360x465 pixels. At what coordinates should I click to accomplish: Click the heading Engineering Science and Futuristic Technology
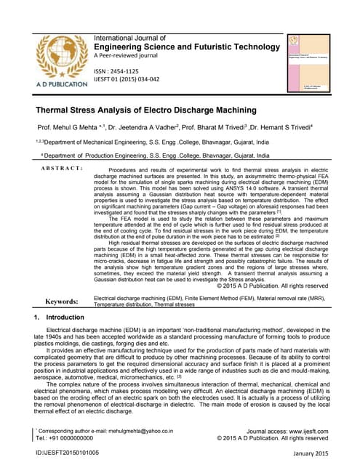(x=187, y=47)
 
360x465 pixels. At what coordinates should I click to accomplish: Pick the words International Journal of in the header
(x=130, y=37)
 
